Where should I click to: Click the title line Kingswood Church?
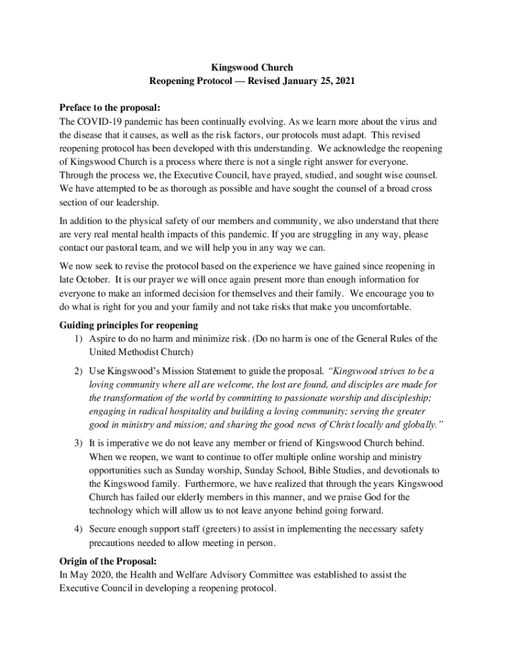click(252, 67)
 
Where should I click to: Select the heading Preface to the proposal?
click(110, 108)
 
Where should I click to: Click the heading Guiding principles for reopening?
click(129, 325)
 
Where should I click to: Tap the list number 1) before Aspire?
click(78, 339)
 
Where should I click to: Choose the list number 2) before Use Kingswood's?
click(78, 371)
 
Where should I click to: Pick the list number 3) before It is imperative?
click(78, 443)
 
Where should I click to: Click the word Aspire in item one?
click(103, 339)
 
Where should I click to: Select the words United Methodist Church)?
click(133, 352)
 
